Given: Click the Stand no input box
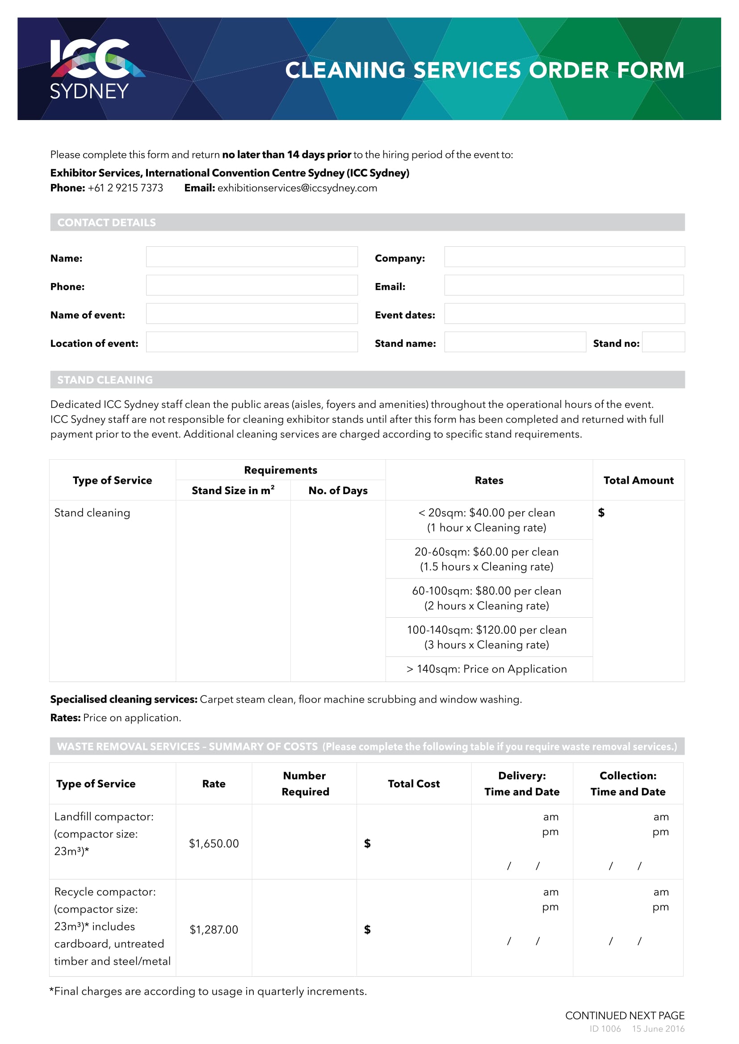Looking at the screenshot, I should coord(663,342).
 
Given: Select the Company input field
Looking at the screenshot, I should coord(564,257).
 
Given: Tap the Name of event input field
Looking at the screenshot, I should coord(252,314).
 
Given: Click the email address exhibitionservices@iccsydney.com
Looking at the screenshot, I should coord(297,188).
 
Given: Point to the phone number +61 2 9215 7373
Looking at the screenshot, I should coord(125,188).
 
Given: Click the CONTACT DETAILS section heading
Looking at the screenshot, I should coord(106,222).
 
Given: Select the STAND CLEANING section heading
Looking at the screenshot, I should coord(105,380).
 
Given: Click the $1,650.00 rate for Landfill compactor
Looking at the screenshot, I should coord(214,844).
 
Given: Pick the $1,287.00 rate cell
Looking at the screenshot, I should coord(214,929).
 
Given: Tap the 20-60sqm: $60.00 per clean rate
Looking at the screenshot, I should coord(487,552).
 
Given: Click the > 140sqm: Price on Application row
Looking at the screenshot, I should coord(487,669).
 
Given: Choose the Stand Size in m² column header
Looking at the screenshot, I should coord(233,491).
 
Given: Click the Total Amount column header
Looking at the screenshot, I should coord(638,480).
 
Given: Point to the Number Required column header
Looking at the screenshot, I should coord(305,783).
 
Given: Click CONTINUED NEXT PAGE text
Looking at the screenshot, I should coord(624,1015).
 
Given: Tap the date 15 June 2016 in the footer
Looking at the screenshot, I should coord(658,1029).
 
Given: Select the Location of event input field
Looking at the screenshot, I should coord(252,342).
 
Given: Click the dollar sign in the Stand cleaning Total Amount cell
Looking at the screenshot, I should coord(601,513).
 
